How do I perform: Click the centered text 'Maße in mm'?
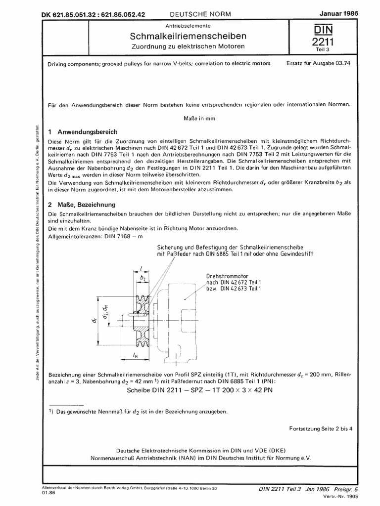pyautogui.click(x=197, y=119)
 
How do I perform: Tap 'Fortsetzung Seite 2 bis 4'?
pyautogui.click(x=320, y=428)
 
